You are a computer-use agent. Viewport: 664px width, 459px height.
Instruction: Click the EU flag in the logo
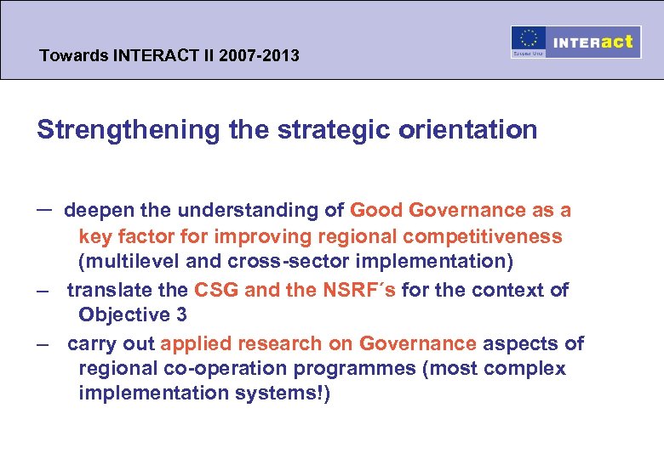(x=528, y=40)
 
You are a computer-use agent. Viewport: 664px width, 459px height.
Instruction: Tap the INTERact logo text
(x=593, y=42)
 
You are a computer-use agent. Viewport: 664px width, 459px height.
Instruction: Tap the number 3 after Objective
(x=181, y=314)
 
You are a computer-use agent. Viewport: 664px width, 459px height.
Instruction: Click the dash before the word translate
(x=42, y=291)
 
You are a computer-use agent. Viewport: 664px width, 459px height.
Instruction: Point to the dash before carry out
(x=42, y=344)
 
